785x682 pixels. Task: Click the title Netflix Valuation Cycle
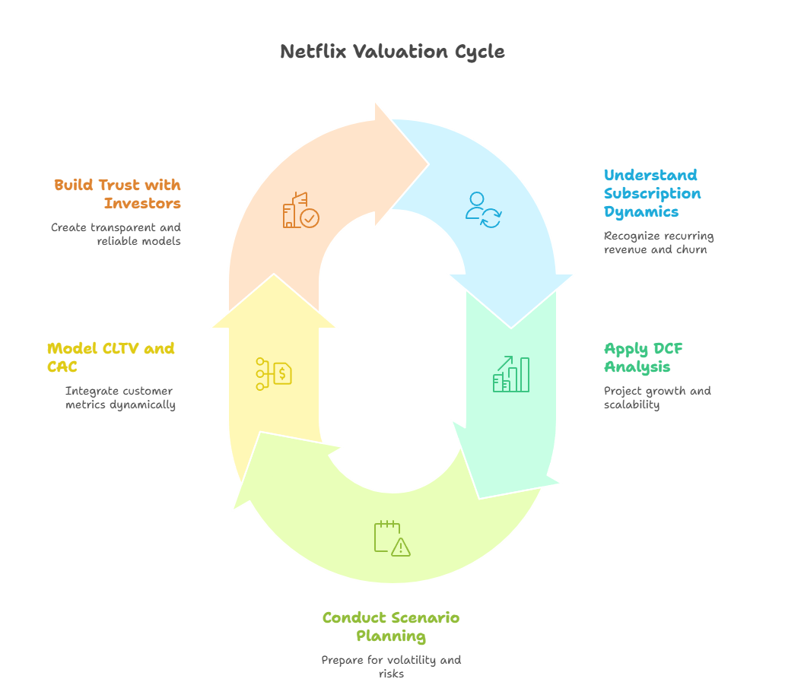(392, 52)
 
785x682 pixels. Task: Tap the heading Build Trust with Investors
(118, 194)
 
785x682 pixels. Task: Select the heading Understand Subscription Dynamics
(652, 193)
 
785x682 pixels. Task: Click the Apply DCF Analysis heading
(644, 357)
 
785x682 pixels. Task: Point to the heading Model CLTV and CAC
(111, 357)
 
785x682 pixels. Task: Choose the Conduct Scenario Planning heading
(391, 626)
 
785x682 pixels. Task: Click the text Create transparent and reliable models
(116, 234)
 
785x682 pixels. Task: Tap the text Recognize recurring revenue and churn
(659, 243)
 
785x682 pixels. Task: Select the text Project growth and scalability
(657, 398)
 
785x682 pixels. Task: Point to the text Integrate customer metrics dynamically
(120, 398)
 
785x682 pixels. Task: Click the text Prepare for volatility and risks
(391, 667)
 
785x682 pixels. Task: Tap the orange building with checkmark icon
(300, 211)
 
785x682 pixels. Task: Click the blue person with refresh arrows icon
(483, 210)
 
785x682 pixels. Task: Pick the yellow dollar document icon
(274, 374)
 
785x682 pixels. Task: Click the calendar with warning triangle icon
(392, 538)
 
